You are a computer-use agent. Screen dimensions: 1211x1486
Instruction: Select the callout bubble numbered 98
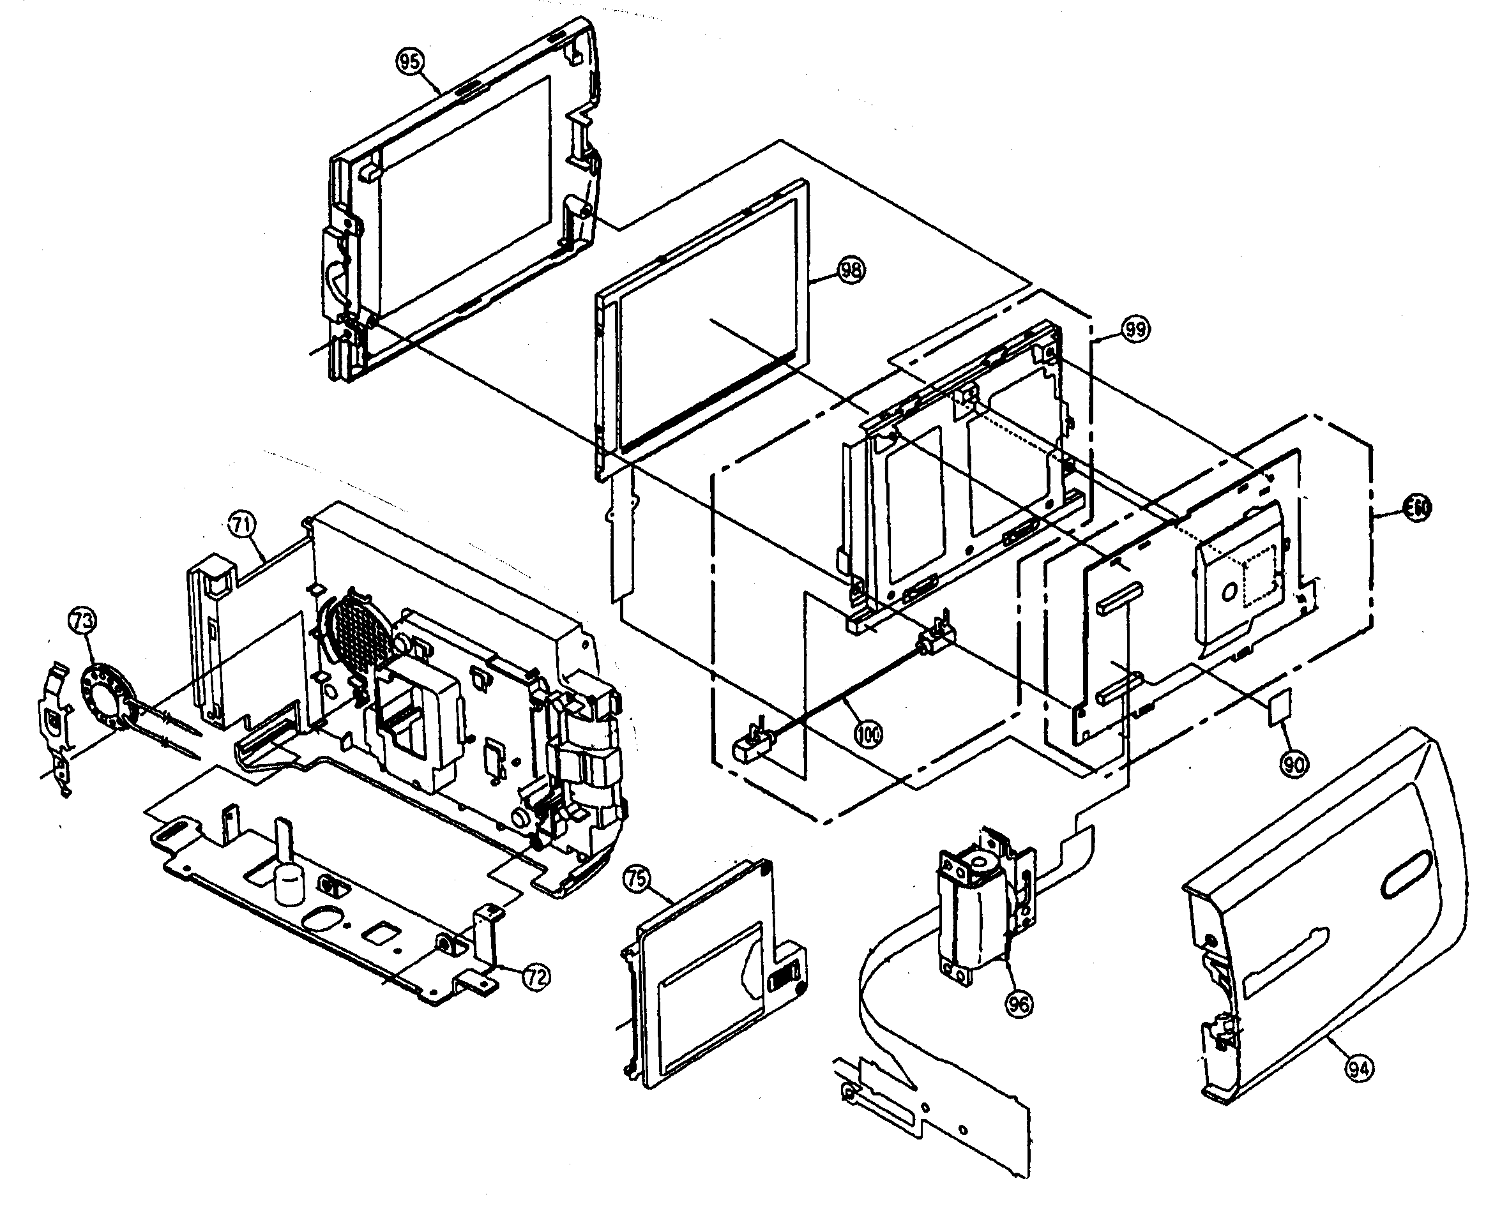[850, 271]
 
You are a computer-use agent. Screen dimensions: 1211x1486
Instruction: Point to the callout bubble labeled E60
[1417, 509]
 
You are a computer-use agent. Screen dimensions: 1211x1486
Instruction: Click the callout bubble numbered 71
[242, 526]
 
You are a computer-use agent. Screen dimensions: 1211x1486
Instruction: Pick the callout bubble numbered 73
[82, 620]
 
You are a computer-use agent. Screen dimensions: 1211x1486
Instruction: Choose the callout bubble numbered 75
[635, 879]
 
